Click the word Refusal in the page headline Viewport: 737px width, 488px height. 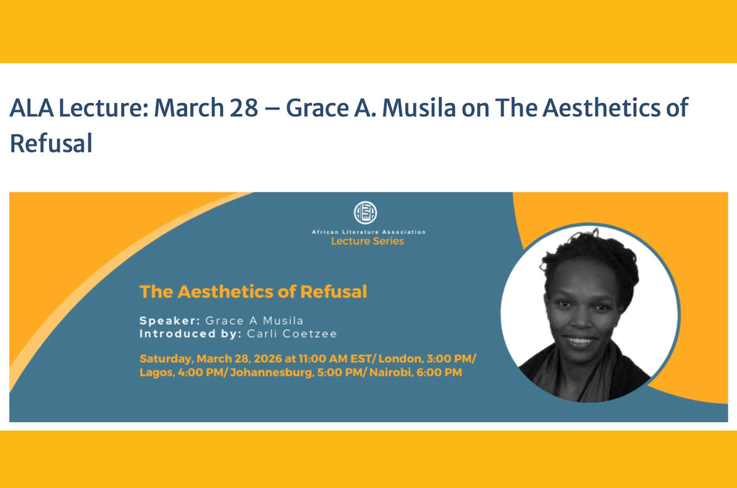click(x=51, y=144)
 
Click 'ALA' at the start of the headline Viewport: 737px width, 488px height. click(x=31, y=108)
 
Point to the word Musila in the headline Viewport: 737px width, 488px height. click(x=419, y=108)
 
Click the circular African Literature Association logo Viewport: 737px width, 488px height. click(x=365, y=213)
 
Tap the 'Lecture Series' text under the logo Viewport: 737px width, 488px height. click(x=367, y=241)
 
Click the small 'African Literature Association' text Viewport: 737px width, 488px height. click(x=368, y=232)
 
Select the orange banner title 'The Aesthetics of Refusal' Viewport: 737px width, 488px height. click(x=253, y=292)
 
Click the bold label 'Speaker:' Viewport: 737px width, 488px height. click(x=170, y=320)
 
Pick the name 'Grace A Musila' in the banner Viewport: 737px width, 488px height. click(x=254, y=320)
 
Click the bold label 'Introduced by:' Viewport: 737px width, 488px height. click(x=190, y=333)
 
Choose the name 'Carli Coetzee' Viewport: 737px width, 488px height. click(x=292, y=333)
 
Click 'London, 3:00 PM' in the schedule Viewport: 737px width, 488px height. click(x=426, y=359)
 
